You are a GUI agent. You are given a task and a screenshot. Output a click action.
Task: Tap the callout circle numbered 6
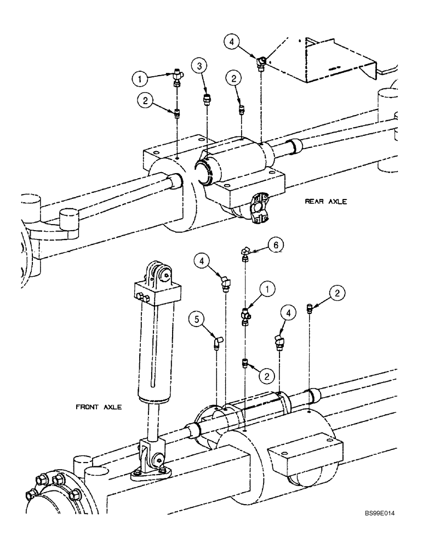click(x=276, y=245)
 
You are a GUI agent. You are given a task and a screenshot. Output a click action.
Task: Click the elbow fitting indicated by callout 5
click(x=218, y=341)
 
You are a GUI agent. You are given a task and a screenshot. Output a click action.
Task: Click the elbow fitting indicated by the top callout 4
click(x=262, y=61)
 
